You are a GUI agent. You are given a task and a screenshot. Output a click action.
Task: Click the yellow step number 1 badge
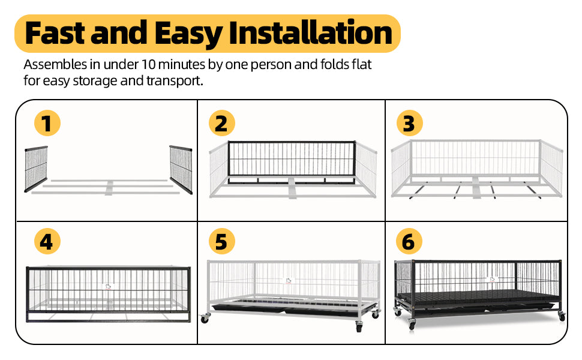47,123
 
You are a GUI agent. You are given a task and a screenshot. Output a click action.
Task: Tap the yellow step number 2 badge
221,123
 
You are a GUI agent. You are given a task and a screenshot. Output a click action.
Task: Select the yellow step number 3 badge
409,123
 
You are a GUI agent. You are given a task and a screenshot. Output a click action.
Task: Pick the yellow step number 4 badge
47,241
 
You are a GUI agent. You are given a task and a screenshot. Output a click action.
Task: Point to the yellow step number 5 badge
221,241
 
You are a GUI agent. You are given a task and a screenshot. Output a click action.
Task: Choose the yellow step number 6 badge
409,241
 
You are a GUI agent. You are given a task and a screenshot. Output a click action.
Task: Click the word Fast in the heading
55,33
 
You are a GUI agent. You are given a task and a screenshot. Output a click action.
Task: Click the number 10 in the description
148,65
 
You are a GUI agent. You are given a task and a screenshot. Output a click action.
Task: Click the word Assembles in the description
55,65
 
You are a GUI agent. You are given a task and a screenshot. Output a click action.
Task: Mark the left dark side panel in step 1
36,169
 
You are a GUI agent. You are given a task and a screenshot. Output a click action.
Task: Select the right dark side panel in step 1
181,169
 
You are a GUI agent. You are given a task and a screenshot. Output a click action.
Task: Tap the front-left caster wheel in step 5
205,318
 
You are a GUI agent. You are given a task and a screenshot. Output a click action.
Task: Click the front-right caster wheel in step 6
562,316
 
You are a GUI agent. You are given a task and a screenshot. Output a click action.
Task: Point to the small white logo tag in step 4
107,286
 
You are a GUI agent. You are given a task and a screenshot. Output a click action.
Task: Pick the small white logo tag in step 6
492,279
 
